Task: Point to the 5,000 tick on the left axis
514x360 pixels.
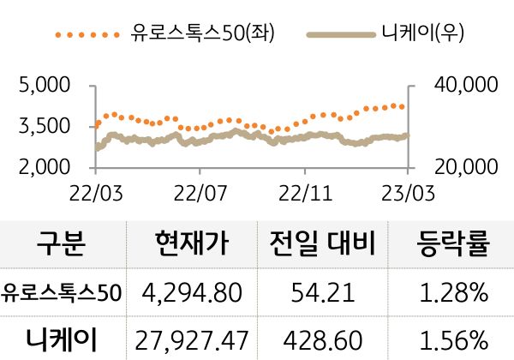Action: tap(44, 86)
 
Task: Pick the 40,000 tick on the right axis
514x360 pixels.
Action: tap(461, 86)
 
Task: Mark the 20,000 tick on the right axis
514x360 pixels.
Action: tap(461, 166)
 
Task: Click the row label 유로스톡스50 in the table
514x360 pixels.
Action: tap(62, 294)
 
